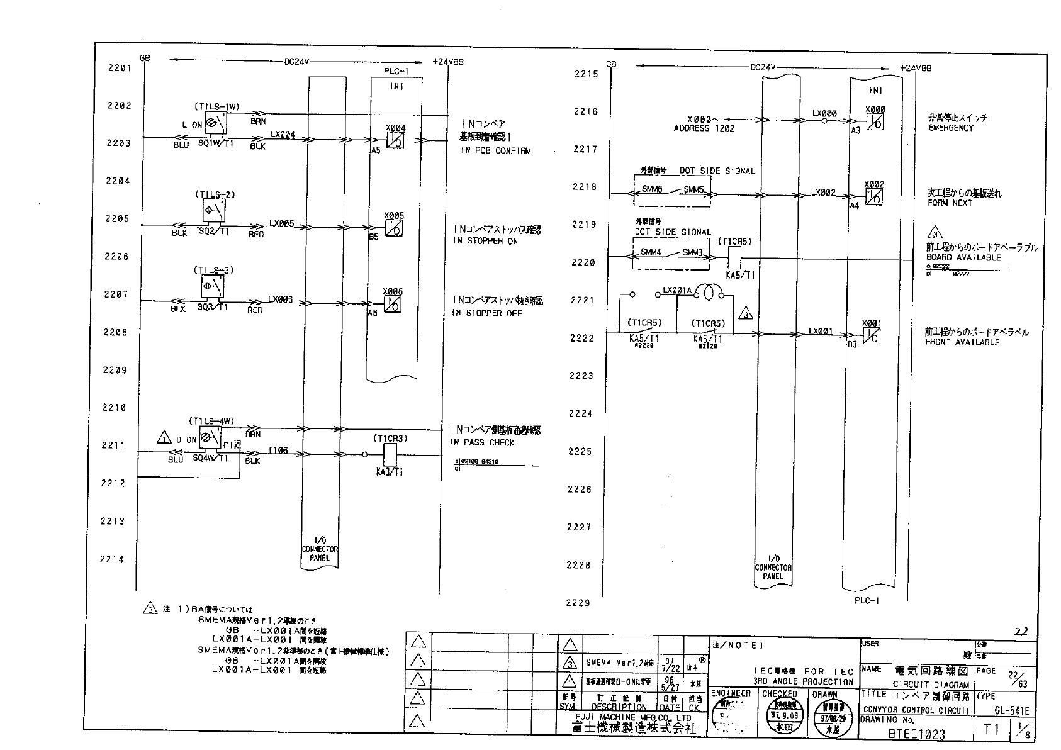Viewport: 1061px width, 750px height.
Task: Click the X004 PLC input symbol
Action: coord(395,140)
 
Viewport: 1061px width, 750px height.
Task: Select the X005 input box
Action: coord(394,228)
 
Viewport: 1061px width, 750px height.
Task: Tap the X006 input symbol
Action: coord(393,304)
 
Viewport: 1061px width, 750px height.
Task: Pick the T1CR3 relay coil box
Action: coord(390,455)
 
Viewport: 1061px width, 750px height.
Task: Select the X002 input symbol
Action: coord(873,197)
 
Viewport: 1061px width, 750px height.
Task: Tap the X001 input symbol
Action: coord(872,336)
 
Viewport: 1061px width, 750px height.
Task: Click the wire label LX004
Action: coord(283,134)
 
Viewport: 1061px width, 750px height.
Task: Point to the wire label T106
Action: coord(278,451)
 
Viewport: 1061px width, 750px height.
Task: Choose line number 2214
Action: coord(112,559)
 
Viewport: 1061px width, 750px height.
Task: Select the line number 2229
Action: coord(578,603)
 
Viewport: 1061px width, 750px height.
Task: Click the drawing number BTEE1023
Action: coord(916,734)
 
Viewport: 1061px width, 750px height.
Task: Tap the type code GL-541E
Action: coord(1012,711)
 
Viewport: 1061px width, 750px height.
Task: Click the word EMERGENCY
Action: coord(950,128)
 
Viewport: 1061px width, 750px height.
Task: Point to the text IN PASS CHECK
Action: coord(482,442)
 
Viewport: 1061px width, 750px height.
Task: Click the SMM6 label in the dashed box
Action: coord(652,189)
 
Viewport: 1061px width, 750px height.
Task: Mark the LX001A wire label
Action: coord(677,291)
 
